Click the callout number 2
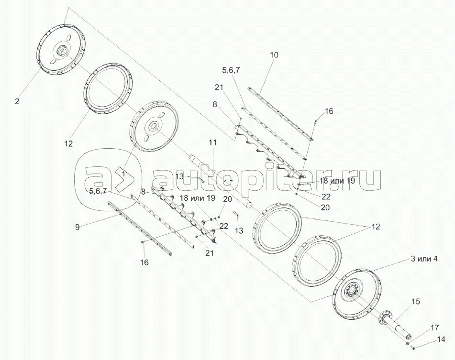(x=17, y=101)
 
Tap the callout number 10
(x=274, y=55)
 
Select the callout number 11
(x=212, y=142)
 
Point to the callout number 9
(x=77, y=227)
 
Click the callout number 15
(x=416, y=302)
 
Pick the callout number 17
(x=434, y=328)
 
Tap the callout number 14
(x=441, y=339)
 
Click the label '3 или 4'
(x=424, y=259)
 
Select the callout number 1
(x=123, y=174)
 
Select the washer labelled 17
(x=408, y=344)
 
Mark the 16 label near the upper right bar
(x=329, y=111)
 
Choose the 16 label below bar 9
(x=144, y=262)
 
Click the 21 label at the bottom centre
(x=209, y=253)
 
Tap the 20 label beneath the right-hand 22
(x=325, y=207)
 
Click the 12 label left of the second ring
(x=68, y=143)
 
